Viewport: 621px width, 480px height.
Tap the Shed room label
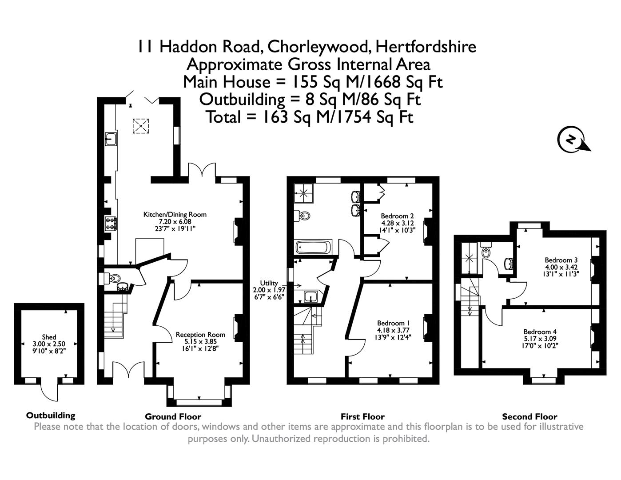point(49,337)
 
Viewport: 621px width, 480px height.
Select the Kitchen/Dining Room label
point(175,215)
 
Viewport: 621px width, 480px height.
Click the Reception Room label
point(200,335)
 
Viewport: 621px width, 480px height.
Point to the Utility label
point(269,283)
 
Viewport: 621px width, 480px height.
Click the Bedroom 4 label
point(540,332)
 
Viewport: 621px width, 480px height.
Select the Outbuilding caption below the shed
point(51,416)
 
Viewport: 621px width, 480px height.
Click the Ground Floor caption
point(173,416)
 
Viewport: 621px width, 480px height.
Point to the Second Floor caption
point(529,416)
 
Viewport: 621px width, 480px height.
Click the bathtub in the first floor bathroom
point(313,246)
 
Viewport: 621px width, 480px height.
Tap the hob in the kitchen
point(110,222)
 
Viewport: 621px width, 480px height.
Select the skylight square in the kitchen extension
point(142,126)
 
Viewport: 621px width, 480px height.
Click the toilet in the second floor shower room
point(486,251)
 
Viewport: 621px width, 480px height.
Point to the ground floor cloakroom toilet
point(113,278)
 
